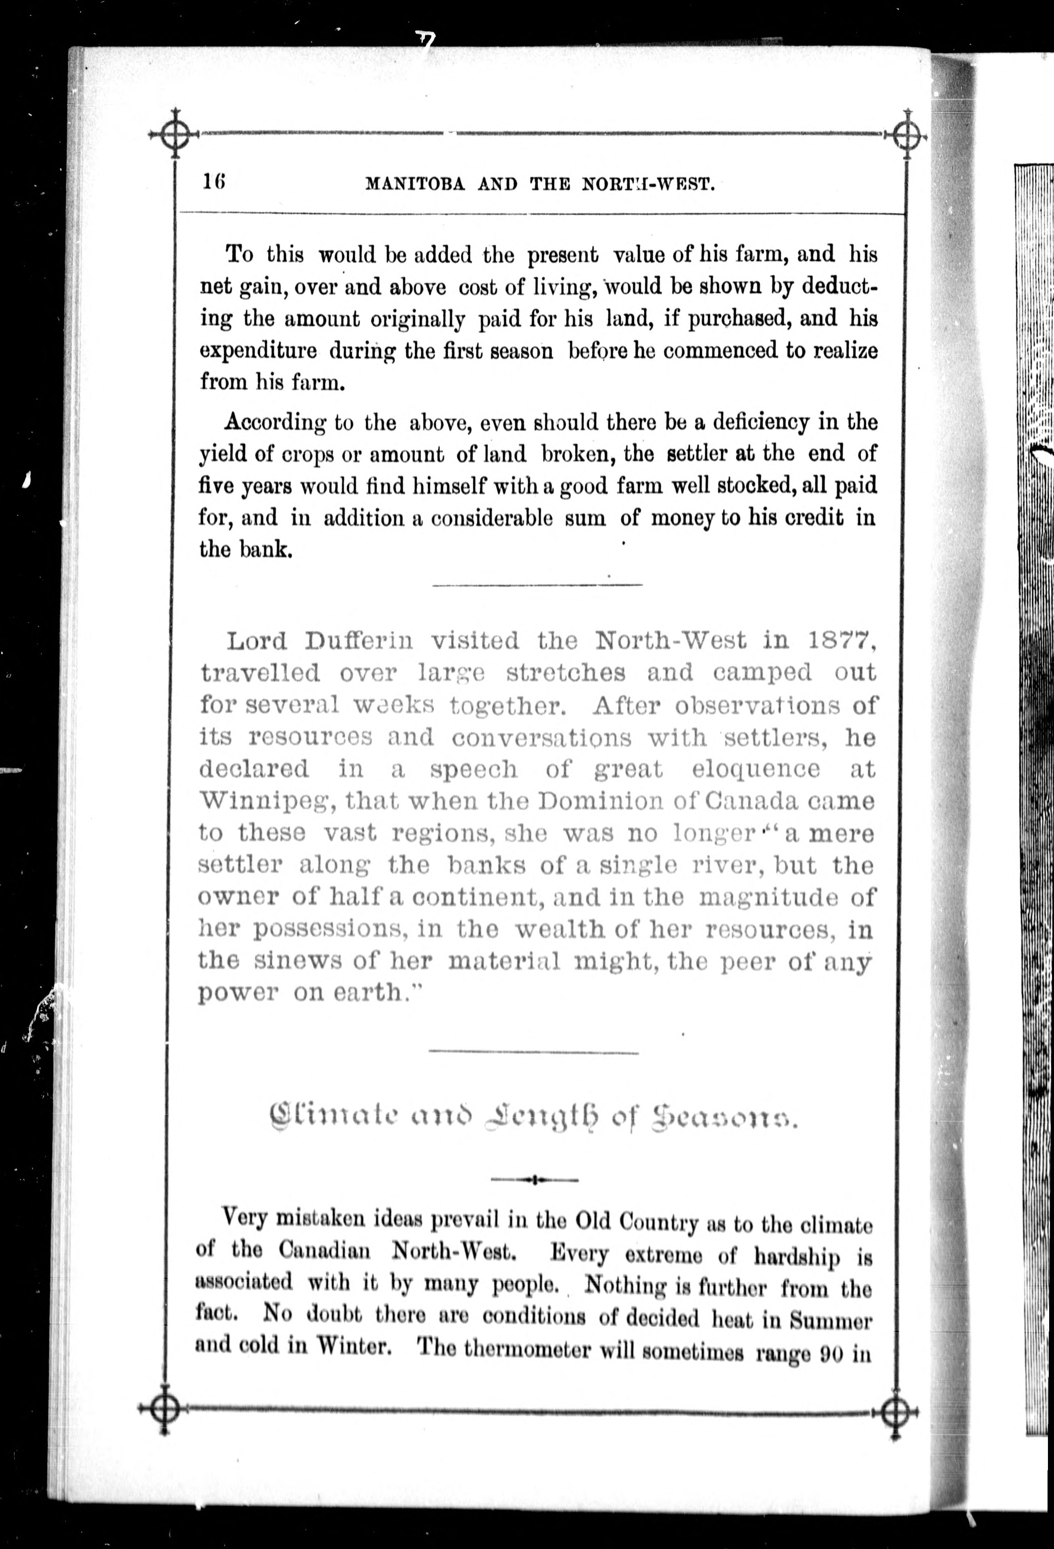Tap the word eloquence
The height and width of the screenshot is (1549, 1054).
tap(755, 769)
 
